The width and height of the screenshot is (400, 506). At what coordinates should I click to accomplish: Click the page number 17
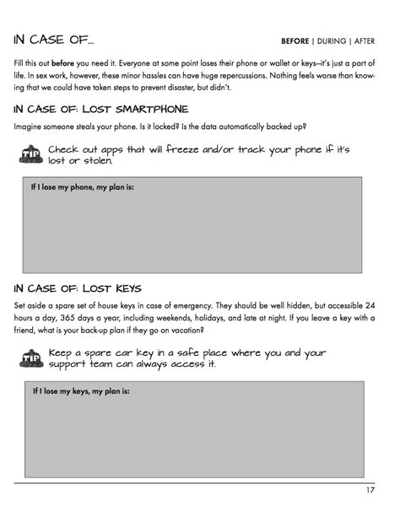click(x=370, y=490)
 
